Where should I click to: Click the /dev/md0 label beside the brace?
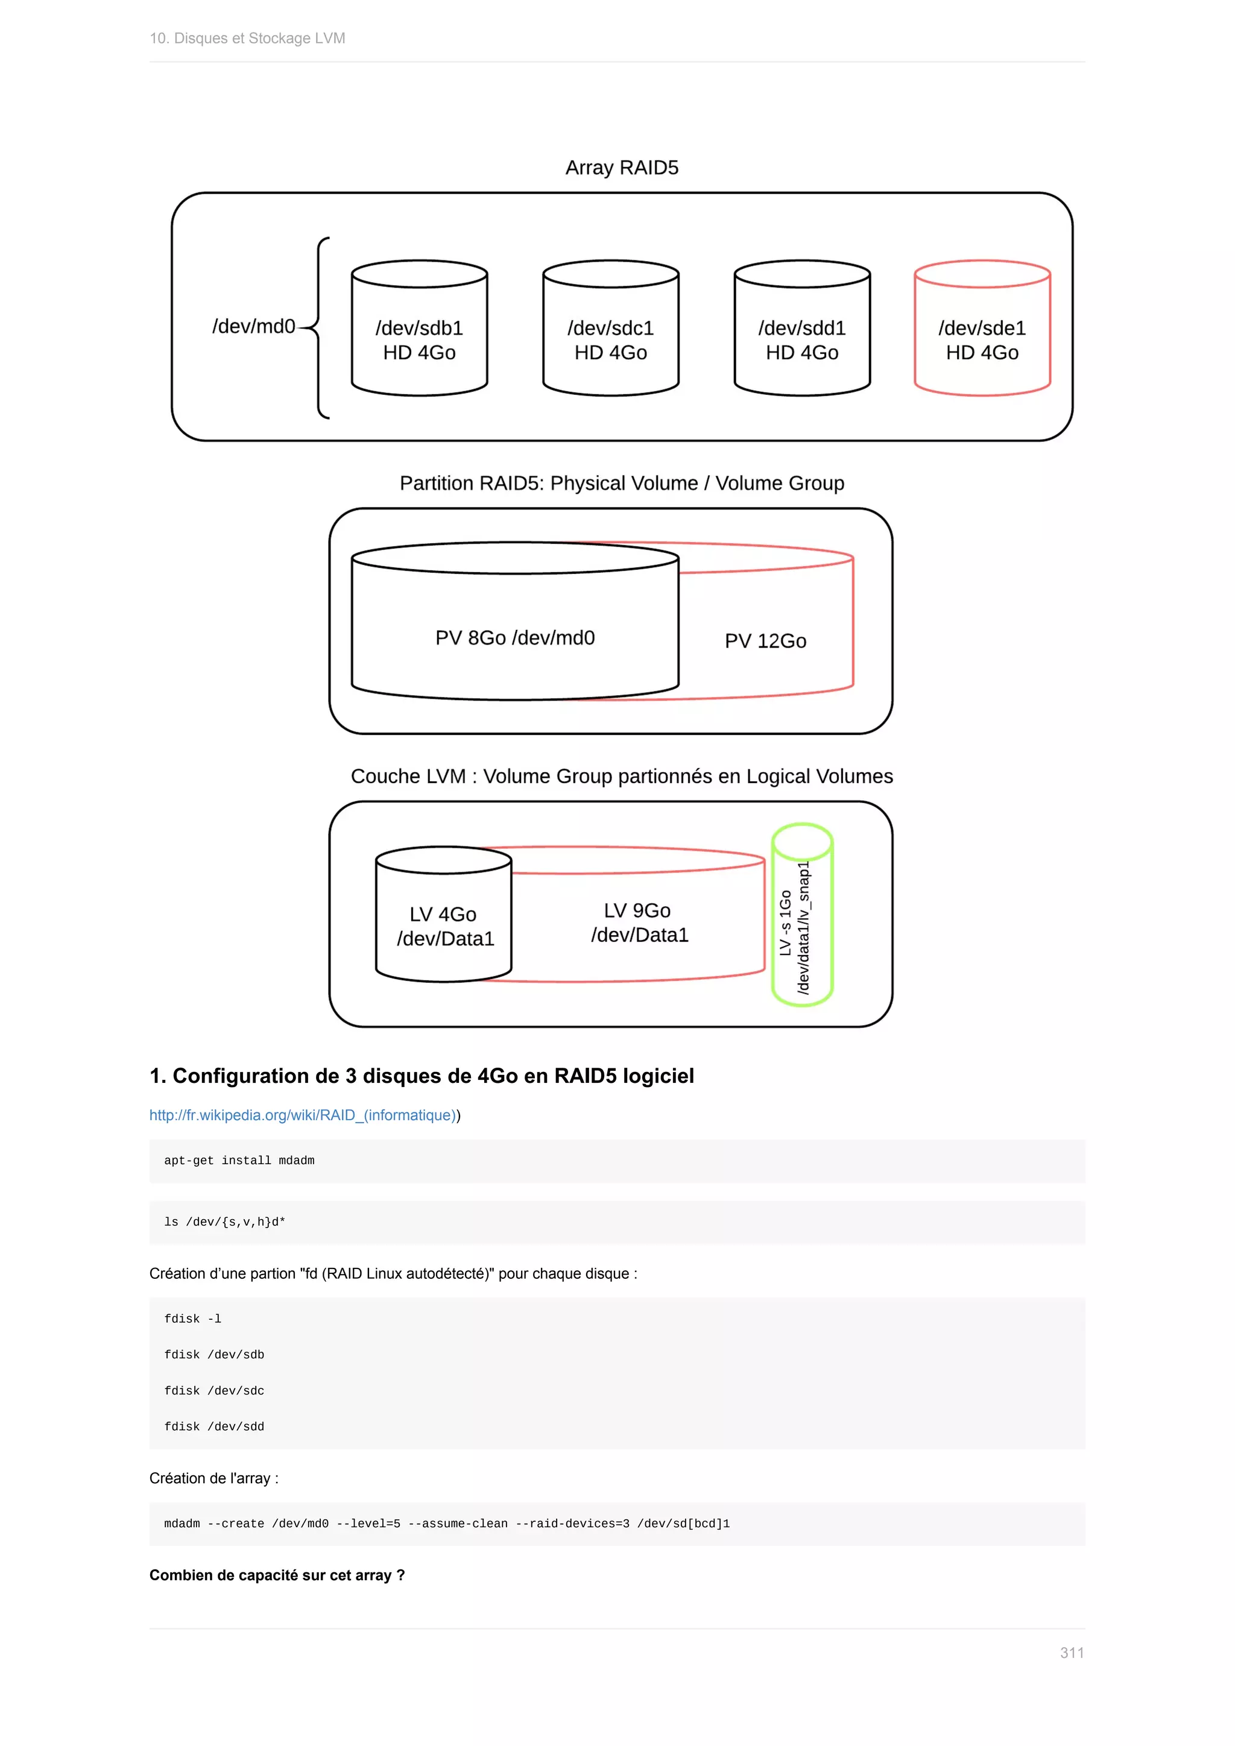(253, 326)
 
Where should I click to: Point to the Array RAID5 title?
(621, 167)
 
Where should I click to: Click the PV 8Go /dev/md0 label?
(515, 637)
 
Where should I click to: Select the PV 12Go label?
(765, 641)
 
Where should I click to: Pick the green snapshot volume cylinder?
(802, 915)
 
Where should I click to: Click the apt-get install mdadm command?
(239, 1161)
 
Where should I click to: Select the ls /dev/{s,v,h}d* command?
(224, 1222)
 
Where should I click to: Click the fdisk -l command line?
(192, 1319)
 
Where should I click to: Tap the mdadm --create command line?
(446, 1523)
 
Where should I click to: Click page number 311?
(1072, 1653)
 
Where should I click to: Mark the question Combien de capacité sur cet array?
(277, 1575)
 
